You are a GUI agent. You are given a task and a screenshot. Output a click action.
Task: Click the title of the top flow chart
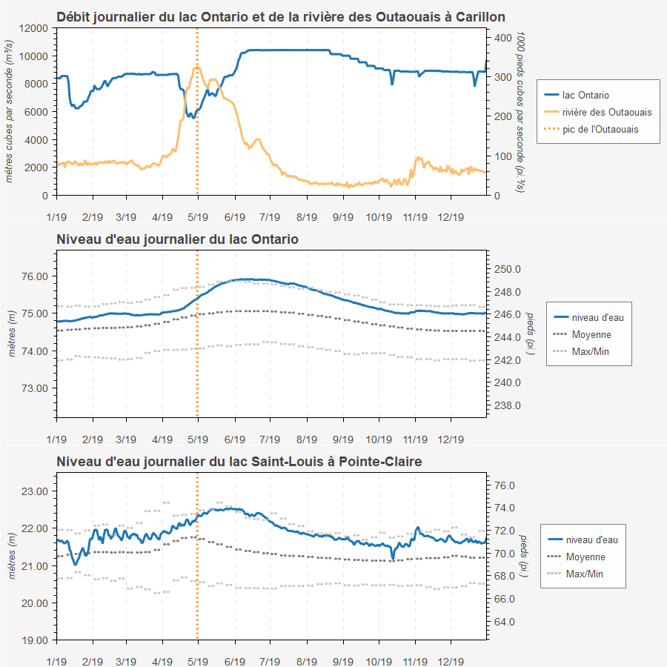pyautogui.click(x=281, y=16)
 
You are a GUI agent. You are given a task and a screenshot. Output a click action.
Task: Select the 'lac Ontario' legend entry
pyautogui.click(x=585, y=95)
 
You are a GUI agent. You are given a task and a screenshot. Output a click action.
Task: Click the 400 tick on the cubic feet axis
pyautogui.click(x=504, y=37)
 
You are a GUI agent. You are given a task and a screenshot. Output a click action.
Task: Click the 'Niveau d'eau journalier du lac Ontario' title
pyautogui.click(x=177, y=239)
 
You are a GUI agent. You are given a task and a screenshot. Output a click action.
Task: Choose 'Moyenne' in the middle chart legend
pyautogui.click(x=591, y=334)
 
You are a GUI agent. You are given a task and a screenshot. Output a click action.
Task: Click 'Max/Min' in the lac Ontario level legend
pyautogui.click(x=591, y=351)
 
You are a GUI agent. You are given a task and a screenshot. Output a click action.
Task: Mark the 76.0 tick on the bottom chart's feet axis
pyautogui.click(x=505, y=485)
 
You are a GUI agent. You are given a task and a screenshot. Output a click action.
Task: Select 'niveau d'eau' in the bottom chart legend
pyautogui.click(x=591, y=540)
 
